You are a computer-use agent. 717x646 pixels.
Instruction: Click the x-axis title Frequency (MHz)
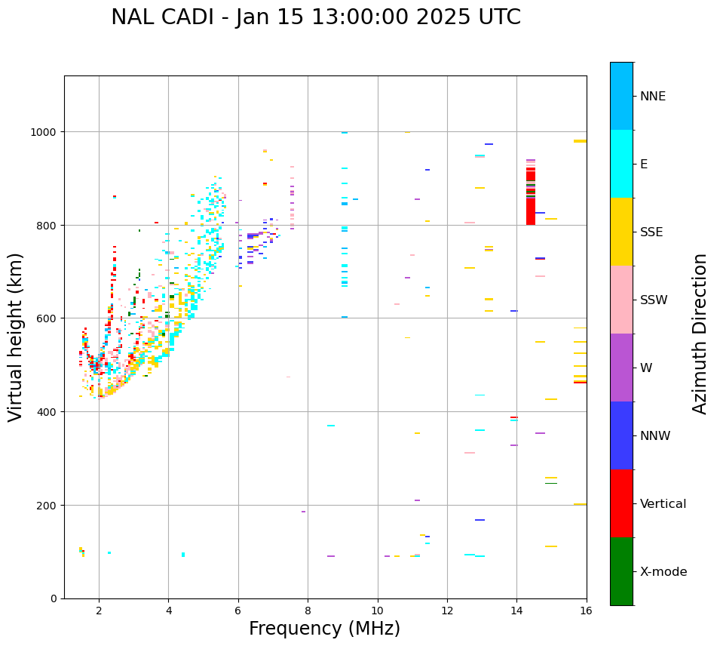coord(324,629)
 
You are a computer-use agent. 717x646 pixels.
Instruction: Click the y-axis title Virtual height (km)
coord(16,337)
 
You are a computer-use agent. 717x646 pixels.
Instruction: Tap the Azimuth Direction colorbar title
coord(700,334)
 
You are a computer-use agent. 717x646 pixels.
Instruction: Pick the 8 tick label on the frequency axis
coord(308,611)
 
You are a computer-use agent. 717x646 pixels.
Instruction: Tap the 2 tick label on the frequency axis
coord(99,611)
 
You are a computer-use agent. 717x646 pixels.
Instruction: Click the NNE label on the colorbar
coord(653,97)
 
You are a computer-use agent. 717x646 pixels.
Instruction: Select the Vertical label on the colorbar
coord(663,504)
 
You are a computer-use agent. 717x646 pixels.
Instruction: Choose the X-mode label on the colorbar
coord(663,572)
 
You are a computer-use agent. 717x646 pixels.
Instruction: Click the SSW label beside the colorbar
coord(654,300)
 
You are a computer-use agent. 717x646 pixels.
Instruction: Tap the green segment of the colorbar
coord(621,571)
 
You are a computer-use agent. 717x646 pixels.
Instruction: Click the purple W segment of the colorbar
coord(621,368)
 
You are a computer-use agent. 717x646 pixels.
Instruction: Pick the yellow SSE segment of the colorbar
coord(621,232)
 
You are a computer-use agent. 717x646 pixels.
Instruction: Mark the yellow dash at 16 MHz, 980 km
coord(580,141)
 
